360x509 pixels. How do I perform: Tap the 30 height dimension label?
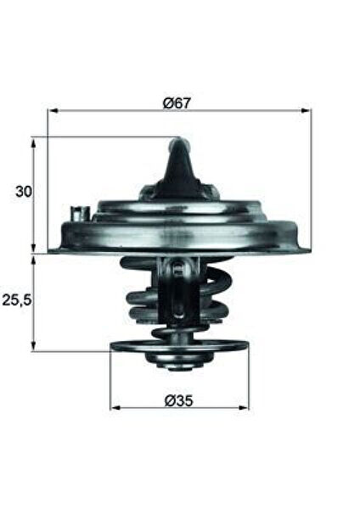[23, 192]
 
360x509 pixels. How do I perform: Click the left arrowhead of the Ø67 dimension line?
[52, 110]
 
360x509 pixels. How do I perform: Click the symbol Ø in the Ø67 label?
[168, 103]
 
